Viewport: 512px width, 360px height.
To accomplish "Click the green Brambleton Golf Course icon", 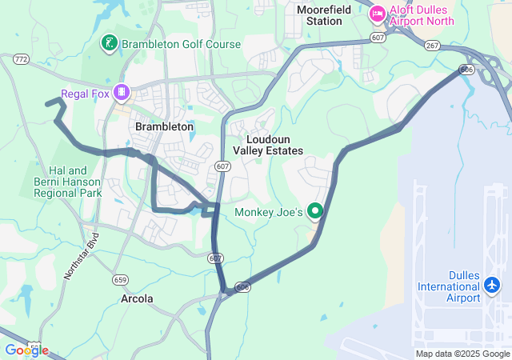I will (107, 42).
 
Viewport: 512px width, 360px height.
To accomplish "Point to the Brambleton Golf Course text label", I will (180, 43).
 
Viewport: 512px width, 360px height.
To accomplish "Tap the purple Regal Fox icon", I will (121, 93).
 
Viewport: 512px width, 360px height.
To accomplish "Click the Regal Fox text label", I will (86, 93).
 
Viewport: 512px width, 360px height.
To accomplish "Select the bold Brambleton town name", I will (164, 126).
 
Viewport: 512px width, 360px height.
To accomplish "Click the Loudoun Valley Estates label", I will (268, 144).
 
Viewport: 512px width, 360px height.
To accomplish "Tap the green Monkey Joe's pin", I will (315, 211).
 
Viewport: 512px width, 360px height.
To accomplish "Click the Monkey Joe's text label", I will (269, 212).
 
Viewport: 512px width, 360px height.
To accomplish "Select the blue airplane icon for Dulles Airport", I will (491, 285).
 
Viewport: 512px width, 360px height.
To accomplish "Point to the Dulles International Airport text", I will (449, 292).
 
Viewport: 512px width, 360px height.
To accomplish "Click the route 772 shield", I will (21, 59).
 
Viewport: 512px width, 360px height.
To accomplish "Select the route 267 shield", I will (432, 46).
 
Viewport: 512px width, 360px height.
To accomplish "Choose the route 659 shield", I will (121, 279).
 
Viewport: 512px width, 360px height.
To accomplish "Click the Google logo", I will (26, 350).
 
